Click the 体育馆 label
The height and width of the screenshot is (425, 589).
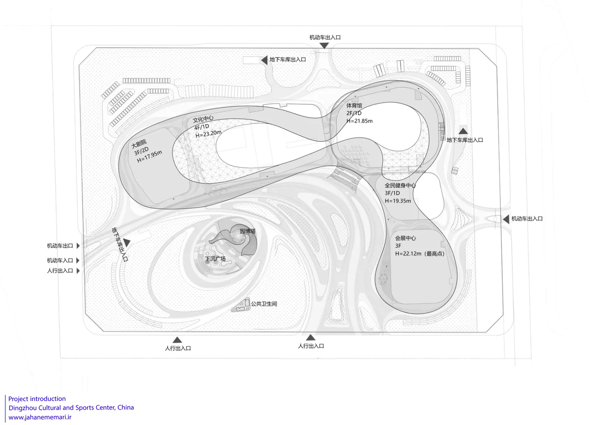354,106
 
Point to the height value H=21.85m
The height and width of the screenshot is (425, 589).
360,121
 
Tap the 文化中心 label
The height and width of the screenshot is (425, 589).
203,119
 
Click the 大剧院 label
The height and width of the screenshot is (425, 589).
139,144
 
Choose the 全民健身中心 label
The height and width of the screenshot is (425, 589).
400,185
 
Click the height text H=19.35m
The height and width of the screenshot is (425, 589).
398,201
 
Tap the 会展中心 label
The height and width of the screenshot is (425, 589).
405,238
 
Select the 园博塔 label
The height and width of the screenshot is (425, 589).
248,231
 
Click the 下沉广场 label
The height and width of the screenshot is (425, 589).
215,259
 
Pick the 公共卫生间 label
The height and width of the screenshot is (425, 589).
264,304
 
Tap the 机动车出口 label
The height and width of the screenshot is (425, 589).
60,246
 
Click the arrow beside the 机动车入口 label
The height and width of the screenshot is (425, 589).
78,260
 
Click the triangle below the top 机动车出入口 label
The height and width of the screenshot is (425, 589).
324,46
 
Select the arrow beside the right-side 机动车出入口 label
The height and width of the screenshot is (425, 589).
506,219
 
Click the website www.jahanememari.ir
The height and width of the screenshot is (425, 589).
40,417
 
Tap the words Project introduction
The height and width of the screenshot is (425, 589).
37,399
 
